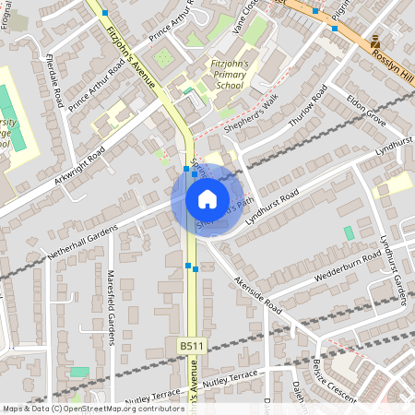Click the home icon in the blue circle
(x=207, y=198)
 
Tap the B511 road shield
(x=190, y=344)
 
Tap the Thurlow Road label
(x=307, y=108)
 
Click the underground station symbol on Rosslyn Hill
(x=375, y=42)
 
